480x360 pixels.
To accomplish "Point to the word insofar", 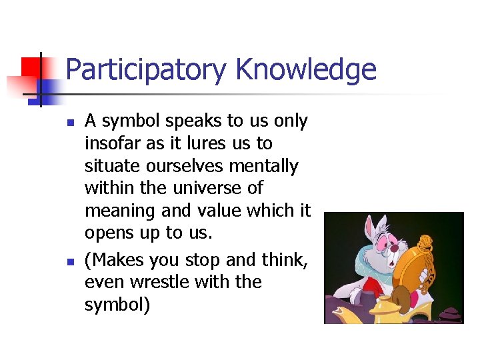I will pos(112,143).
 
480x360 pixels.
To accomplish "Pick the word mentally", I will pos(265,166).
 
